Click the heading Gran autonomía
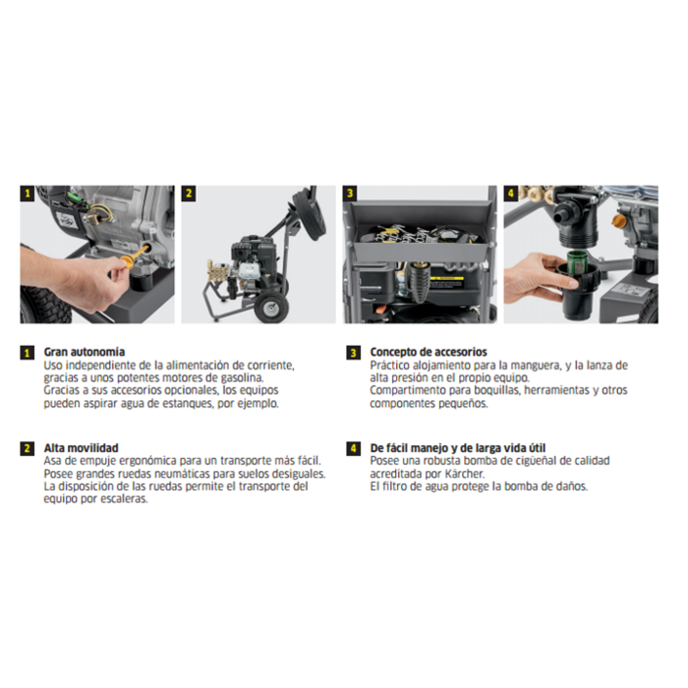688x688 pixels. (85, 352)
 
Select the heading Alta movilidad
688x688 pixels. (82, 448)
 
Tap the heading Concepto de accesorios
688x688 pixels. (429, 352)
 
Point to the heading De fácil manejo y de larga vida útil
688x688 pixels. (458, 448)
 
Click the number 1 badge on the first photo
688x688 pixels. (28, 193)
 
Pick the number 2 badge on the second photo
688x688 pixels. (189, 193)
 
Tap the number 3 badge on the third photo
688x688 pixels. (350, 193)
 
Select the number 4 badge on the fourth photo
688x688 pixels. (511, 193)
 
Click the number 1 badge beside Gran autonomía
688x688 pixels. (28, 353)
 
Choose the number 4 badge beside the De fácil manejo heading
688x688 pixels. (353, 449)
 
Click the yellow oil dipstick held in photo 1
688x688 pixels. (134, 258)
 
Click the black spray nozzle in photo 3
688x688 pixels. (419, 282)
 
